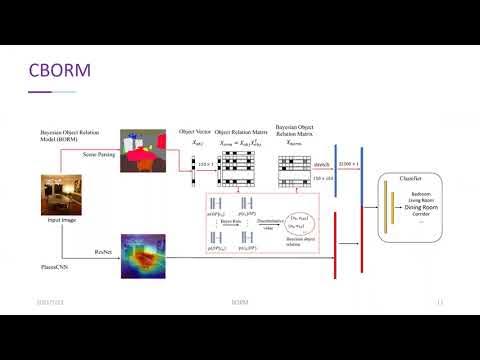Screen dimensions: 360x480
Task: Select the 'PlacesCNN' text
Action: point(47,265)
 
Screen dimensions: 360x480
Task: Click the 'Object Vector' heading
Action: point(192,131)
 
